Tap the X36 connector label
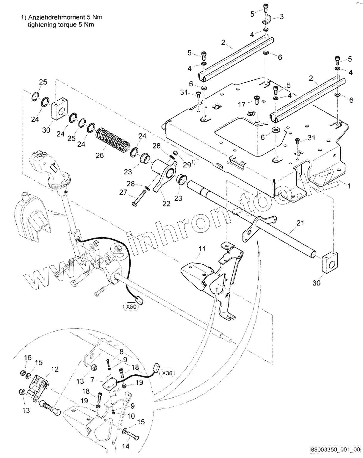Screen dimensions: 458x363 point(168,373)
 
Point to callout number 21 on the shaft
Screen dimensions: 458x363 point(300,222)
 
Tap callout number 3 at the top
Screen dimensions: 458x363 point(281,17)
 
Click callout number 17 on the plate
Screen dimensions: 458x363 point(242,104)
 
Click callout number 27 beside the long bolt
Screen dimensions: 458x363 point(123,193)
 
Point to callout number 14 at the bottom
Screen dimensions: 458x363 point(126,446)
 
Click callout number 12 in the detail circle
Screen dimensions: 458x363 point(55,369)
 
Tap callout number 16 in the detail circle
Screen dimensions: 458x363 point(28,357)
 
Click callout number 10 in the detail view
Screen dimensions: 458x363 point(131,416)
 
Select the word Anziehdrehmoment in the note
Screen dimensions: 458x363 point(52,18)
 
